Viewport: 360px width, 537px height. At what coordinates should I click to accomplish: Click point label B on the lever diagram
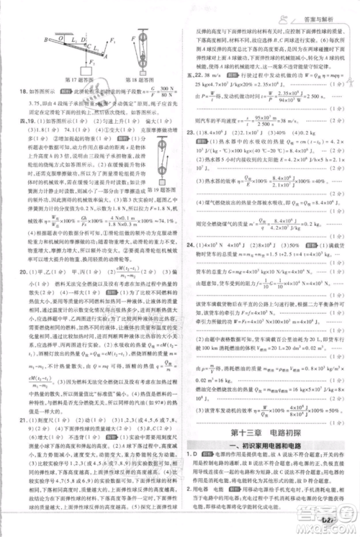pos(45,40)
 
